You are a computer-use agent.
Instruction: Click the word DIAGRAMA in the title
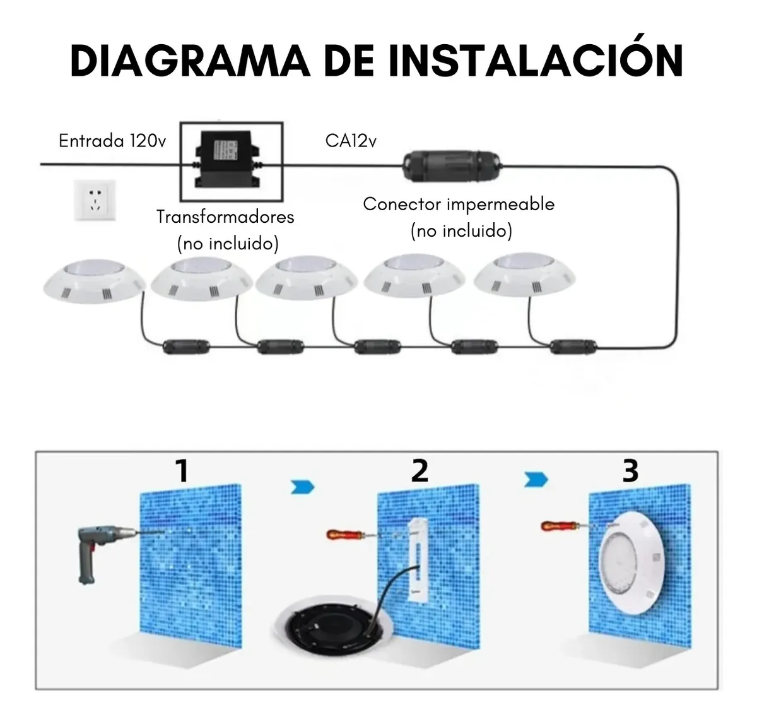pyautogui.click(x=190, y=61)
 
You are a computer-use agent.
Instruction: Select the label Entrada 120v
pyautogui.click(x=112, y=141)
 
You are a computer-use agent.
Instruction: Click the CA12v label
pyautogui.click(x=351, y=141)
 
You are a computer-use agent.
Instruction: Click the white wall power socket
pyautogui.click(x=95, y=200)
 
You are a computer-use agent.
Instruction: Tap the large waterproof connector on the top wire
pyautogui.click(x=452, y=167)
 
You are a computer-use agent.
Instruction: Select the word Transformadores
pyautogui.click(x=225, y=217)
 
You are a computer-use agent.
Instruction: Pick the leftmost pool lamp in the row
pyautogui.click(x=94, y=281)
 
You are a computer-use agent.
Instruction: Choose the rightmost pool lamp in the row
pyautogui.click(x=524, y=275)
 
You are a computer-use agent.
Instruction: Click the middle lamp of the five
pyautogui.click(x=307, y=278)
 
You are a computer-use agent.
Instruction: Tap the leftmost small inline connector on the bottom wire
pyautogui.click(x=186, y=347)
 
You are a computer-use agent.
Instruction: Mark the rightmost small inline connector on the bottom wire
pyautogui.click(x=573, y=347)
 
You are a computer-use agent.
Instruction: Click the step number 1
pyautogui.click(x=182, y=471)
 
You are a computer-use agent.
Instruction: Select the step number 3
pyautogui.click(x=631, y=471)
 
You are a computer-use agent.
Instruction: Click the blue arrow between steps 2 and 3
pyautogui.click(x=536, y=480)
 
